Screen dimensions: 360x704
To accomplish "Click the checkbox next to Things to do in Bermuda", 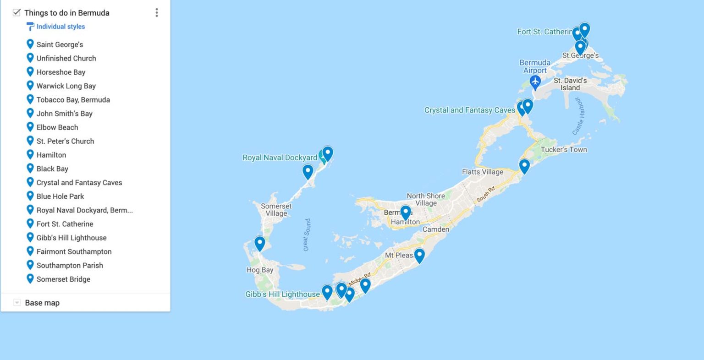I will pyautogui.click(x=16, y=12).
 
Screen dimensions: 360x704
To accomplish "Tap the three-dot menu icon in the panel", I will pyautogui.click(x=157, y=13).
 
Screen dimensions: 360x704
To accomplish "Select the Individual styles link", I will pyautogui.click(x=60, y=27).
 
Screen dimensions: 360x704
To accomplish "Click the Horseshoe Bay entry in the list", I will pyautogui.click(x=61, y=72).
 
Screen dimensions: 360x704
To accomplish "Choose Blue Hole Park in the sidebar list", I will pyautogui.click(x=60, y=196).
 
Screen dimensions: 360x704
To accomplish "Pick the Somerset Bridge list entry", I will pyautogui.click(x=63, y=279).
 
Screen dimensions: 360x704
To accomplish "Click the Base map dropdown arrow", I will pyautogui.click(x=17, y=302).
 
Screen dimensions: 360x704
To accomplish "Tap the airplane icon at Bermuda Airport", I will pyautogui.click(x=535, y=82).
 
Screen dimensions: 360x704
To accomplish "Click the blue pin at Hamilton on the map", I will pyautogui.click(x=405, y=213).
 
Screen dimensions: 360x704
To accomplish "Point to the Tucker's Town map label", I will pyautogui.click(x=564, y=149).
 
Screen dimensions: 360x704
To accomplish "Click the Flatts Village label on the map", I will pyautogui.click(x=482, y=172).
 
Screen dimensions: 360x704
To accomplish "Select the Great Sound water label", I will pyautogui.click(x=307, y=235).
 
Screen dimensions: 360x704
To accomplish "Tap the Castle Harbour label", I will pyautogui.click(x=579, y=116).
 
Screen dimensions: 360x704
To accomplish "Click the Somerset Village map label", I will pyautogui.click(x=276, y=210).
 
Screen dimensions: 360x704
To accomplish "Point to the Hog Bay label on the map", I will pyautogui.click(x=259, y=270).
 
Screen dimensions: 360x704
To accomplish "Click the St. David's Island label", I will pyautogui.click(x=570, y=84).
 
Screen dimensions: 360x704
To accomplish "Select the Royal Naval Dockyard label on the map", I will pyautogui.click(x=280, y=158).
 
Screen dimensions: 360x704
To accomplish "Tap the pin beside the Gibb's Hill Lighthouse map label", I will pyautogui.click(x=327, y=292).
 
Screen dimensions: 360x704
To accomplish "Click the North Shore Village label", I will pyautogui.click(x=425, y=199).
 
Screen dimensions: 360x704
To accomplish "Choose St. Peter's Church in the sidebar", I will pyautogui.click(x=65, y=141).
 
